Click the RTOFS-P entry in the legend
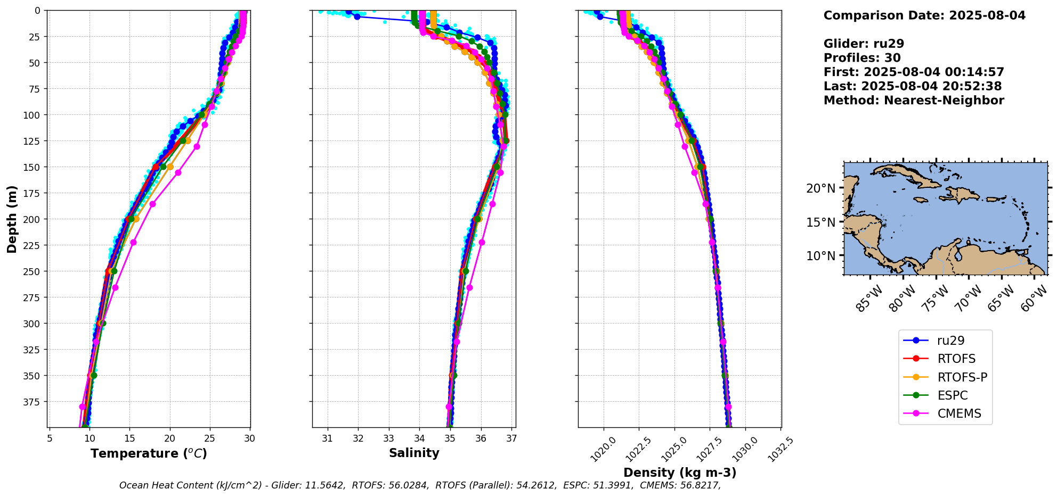[962, 377]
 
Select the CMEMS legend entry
[959, 413]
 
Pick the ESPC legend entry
[952, 395]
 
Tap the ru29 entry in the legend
[950, 341]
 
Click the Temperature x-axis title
[149, 453]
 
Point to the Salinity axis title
[414, 453]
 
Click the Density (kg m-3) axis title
[680, 473]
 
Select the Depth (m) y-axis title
[12, 219]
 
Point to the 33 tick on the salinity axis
[389, 438]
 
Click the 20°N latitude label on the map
[820, 188]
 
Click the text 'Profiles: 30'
[862, 58]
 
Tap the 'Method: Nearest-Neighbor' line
[914, 101]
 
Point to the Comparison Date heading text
[924, 15]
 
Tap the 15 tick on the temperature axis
[129, 438]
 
